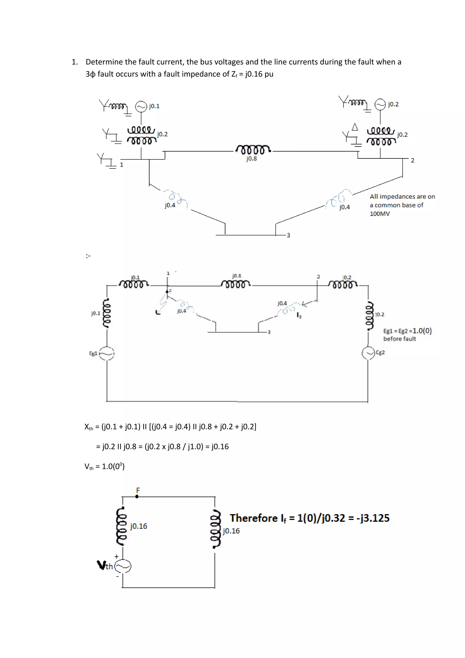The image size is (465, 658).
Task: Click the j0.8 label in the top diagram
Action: (x=251, y=158)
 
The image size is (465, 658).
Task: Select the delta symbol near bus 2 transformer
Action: (x=355, y=127)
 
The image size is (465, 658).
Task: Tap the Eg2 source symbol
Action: (x=368, y=353)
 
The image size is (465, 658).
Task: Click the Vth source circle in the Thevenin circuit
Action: (x=123, y=566)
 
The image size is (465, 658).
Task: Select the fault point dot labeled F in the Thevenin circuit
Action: (x=137, y=497)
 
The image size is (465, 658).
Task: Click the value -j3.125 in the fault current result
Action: (x=373, y=518)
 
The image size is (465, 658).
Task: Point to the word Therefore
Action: (x=254, y=518)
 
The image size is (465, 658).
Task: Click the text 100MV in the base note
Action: (x=380, y=214)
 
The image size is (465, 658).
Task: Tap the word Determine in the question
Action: (x=104, y=62)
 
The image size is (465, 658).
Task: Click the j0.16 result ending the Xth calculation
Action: (x=220, y=446)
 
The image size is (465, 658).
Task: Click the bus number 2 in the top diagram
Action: (x=412, y=161)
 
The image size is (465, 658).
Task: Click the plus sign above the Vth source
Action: (x=116, y=557)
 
